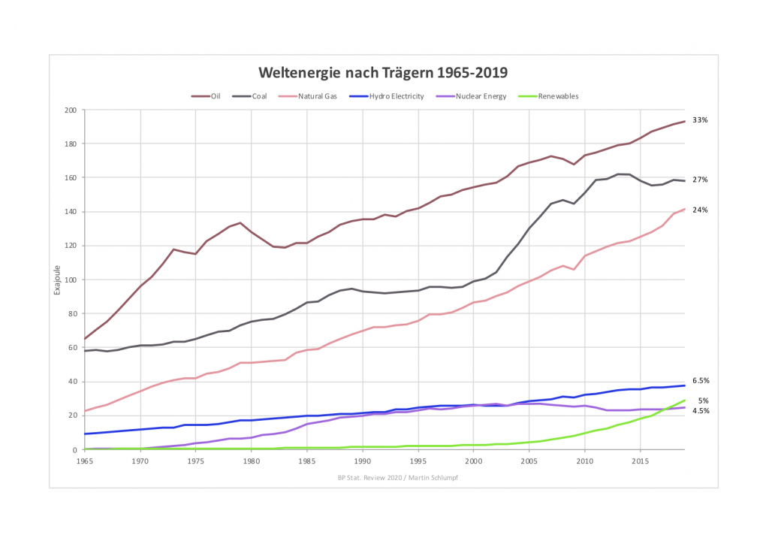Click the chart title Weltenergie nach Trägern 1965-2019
click(x=383, y=73)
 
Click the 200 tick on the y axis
click(x=71, y=110)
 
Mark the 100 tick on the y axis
click(x=71, y=280)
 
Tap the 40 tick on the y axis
click(x=73, y=382)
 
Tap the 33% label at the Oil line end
click(x=700, y=120)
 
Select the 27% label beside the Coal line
click(x=700, y=180)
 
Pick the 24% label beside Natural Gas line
click(x=700, y=210)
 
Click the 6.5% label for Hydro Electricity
click(x=701, y=381)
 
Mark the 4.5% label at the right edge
click(x=701, y=411)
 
